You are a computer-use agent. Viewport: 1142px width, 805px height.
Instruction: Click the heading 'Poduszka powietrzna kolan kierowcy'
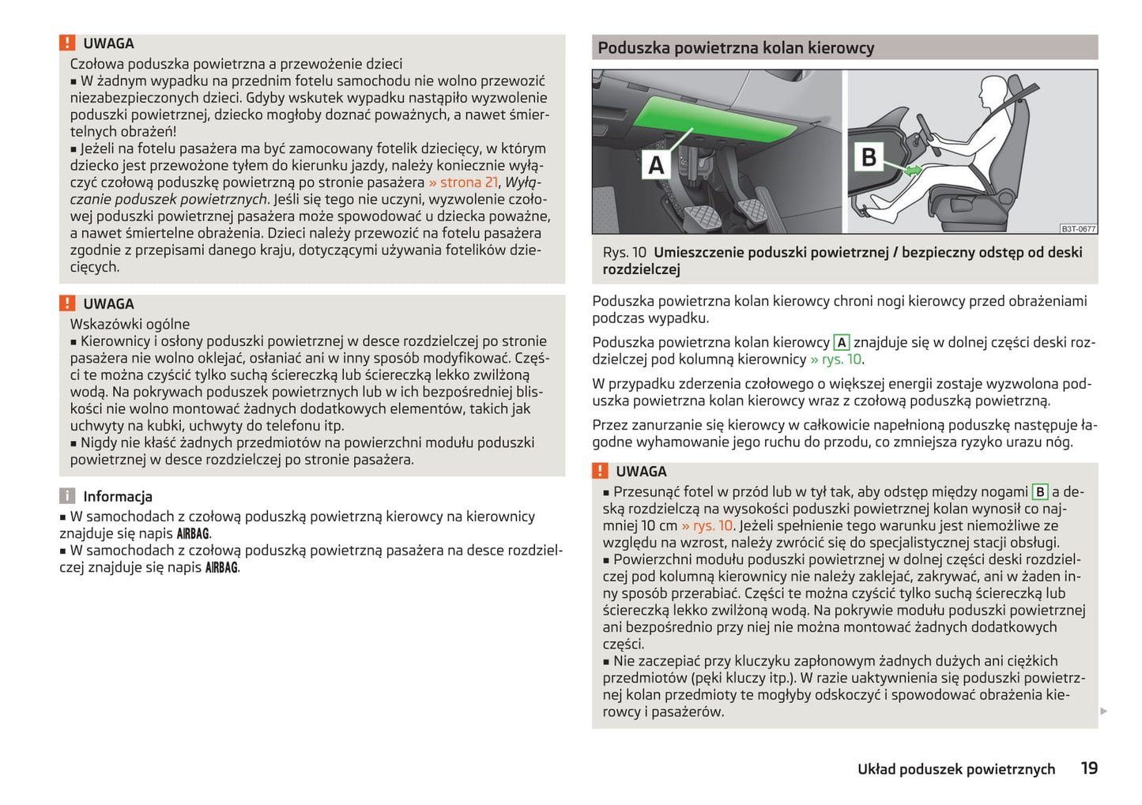736,48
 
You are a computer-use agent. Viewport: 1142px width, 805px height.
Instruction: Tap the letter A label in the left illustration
656,165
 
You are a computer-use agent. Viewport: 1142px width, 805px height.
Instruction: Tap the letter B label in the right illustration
868,157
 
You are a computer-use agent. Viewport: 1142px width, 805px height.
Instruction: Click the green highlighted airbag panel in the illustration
719,118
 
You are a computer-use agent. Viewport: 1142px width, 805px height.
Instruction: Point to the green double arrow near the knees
913,170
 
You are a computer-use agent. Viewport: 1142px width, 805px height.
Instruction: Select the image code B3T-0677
1078,229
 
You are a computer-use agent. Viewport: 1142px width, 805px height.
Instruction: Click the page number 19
1089,768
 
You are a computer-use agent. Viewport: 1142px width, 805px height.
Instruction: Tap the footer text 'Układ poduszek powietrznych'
956,769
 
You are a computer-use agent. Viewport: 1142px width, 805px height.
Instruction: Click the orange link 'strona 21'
468,182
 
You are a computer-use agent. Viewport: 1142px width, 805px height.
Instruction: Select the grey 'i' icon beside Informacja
67,496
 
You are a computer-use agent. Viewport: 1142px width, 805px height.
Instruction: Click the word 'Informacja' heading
118,497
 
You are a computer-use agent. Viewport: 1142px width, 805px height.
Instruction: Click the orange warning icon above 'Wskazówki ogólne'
67,303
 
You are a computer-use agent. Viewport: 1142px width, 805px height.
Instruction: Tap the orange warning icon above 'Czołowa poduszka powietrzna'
67,43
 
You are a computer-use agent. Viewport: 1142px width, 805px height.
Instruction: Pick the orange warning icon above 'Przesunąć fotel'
600,472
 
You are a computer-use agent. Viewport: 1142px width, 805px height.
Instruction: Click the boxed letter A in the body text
842,343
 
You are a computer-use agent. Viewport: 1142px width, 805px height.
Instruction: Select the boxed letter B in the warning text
1040,492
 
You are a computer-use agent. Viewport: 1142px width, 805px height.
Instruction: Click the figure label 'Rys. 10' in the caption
624,253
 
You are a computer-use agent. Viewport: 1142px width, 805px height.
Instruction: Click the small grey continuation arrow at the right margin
1104,712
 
